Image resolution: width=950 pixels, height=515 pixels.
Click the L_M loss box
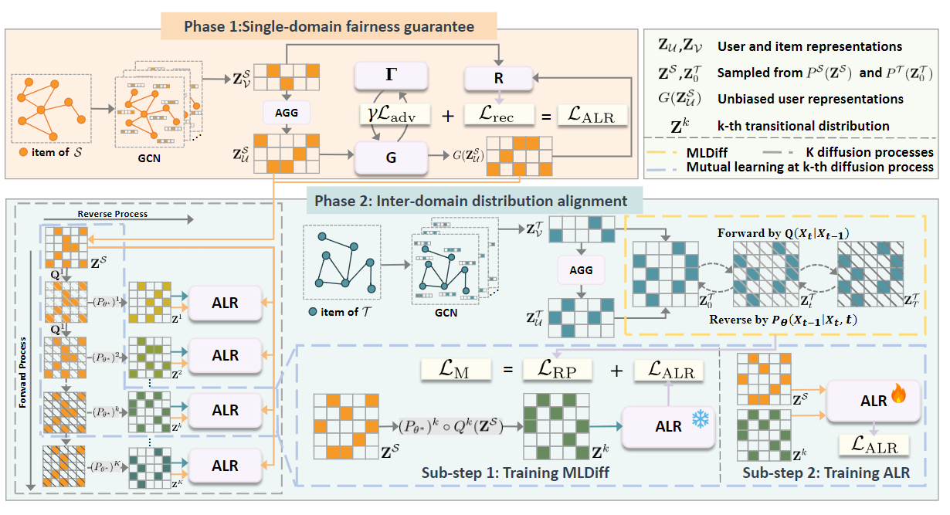pos(456,371)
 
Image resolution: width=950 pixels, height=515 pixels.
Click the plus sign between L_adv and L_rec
pos(448,116)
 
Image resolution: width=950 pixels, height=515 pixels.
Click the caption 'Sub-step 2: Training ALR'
pos(824,473)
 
